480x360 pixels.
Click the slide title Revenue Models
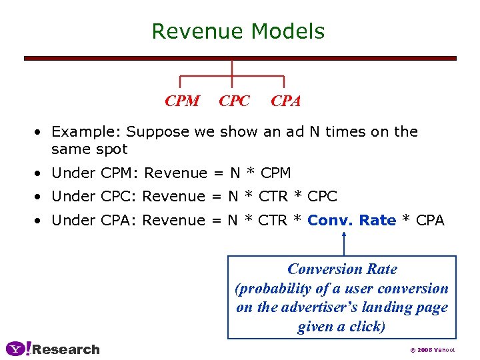238,31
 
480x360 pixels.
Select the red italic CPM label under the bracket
182,101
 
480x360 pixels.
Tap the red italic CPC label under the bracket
234,101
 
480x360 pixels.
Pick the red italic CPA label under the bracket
286,101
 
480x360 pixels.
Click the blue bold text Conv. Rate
352,220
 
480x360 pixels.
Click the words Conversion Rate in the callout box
342,269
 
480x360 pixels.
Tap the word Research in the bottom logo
66,349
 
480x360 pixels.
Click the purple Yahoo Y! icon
18,349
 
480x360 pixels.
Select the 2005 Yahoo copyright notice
432,350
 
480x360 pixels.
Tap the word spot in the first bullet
111,149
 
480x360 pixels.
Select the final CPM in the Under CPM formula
276,173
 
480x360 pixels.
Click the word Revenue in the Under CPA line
174,220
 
